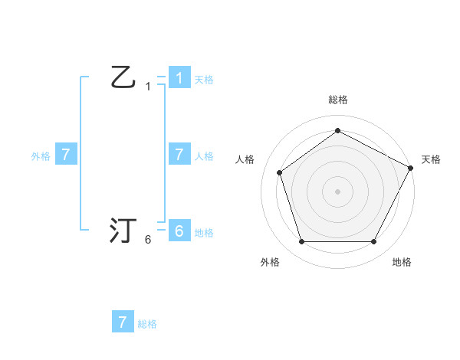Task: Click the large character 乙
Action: point(123,77)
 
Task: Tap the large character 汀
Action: point(123,231)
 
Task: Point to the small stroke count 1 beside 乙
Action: point(148,87)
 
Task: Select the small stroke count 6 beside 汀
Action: point(148,240)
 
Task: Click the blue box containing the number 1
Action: point(179,77)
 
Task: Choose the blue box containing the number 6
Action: point(179,231)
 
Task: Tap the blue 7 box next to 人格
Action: point(179,154)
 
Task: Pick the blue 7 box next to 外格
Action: point(66,154)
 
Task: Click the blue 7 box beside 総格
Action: point(123,322)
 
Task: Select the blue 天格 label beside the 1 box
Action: point(204,80)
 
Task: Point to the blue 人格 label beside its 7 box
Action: point(204,156)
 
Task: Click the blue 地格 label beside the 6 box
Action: point(204,233)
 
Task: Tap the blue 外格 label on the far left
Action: point(41,156)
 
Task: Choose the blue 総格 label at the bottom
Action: point(147,324)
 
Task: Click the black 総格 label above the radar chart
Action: point(337,100)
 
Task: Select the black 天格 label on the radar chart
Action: point(431,159)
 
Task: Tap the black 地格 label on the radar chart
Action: point(402,262)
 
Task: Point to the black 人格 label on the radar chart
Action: point(245,159)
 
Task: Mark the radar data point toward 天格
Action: point(412,167)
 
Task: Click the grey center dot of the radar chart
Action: point(337,191)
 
